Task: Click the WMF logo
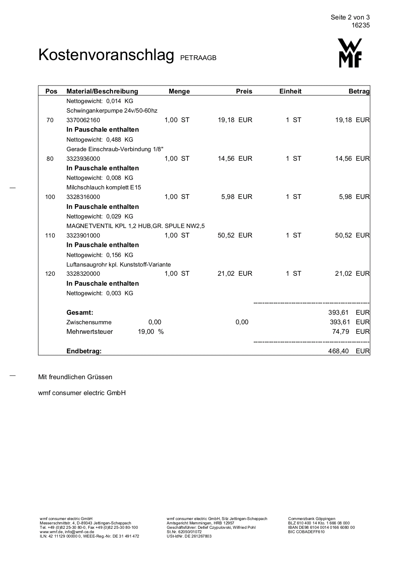coord(350,53)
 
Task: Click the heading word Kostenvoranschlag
coord(106,55)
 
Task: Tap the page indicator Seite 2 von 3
coord(350,17)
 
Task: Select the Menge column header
coord(179,92)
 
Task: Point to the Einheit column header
coord(290,92)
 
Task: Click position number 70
coord(50,120)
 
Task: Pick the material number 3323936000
coord(83,159)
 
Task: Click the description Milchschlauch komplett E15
coord(103,187)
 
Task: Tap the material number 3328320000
coord(83,274)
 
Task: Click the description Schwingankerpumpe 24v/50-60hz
coord(112,111)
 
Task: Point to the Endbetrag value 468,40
coord(338,351)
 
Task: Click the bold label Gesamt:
coord(80,313)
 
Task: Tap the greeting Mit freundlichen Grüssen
coord(75,377)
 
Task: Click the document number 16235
coord(361,25)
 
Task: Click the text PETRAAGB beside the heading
coord(198,58)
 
